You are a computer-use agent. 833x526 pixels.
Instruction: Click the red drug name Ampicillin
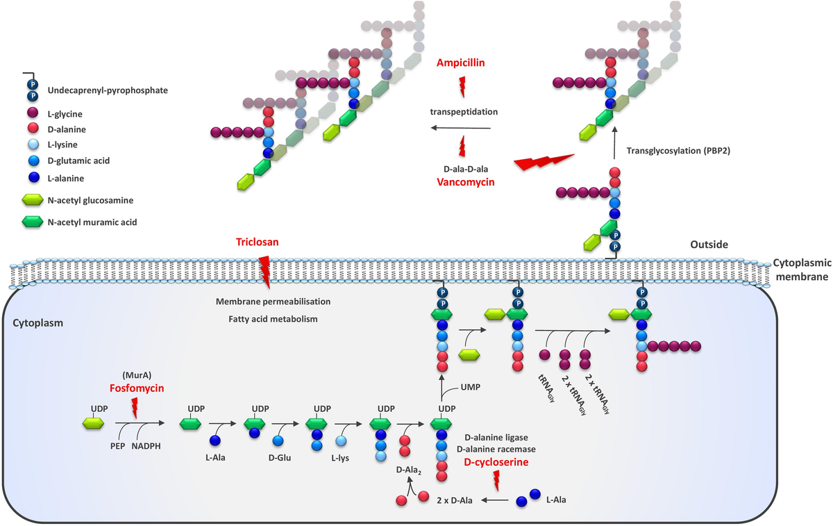pos(460,63)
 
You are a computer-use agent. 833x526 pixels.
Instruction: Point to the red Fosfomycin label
pos(137,388)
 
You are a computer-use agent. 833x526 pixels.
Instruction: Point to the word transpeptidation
pos(464,111)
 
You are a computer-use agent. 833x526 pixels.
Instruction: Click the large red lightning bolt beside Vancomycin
pos(545,162)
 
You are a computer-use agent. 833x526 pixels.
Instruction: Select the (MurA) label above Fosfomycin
pos(136,375)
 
